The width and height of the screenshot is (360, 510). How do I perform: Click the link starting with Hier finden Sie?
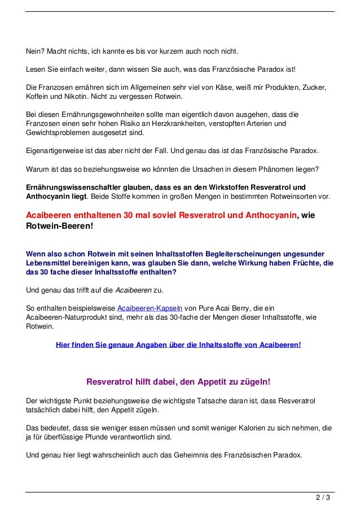(178, 345)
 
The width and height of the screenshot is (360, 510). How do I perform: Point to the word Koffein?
(38, 97)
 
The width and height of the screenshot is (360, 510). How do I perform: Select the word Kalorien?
(222, 428)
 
